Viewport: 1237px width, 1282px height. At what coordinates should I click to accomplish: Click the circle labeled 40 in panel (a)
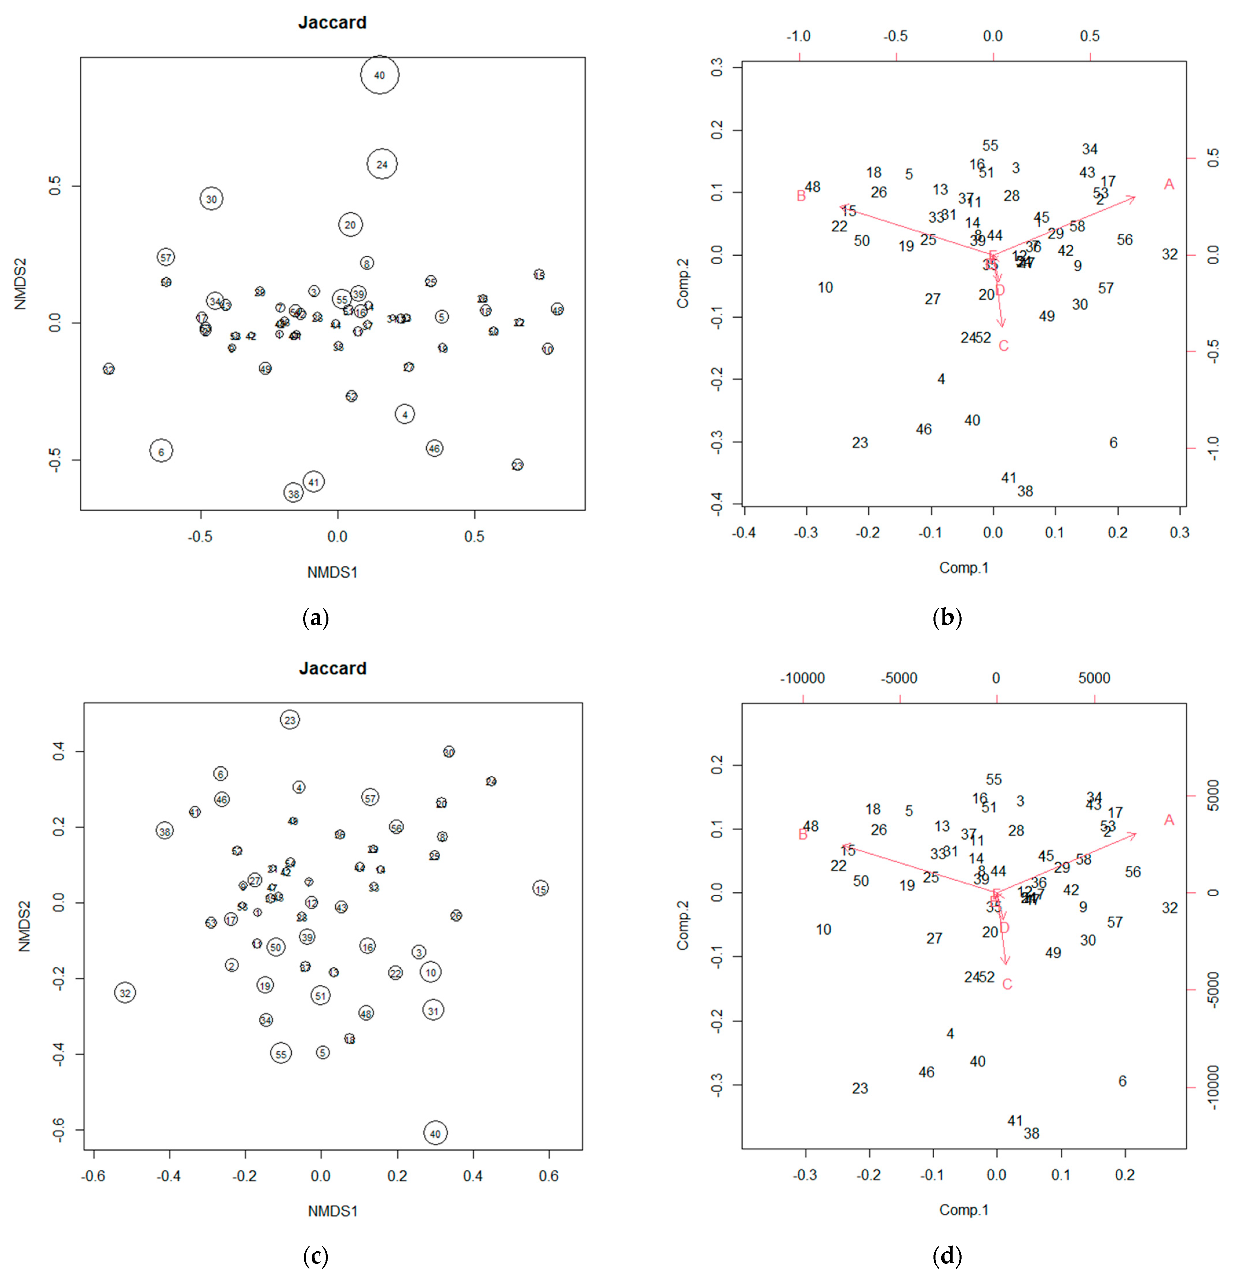coord(379,75)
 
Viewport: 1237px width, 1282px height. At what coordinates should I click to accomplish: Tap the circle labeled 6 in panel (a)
coord(161,451)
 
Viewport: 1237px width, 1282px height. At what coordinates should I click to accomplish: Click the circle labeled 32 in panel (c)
coord(125,993)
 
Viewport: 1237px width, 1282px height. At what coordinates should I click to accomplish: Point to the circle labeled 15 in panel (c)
coord(540,888)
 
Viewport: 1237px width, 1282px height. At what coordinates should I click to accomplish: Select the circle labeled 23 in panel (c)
coord(290,720)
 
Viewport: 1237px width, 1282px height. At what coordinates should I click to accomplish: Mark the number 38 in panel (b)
coord(1025,491)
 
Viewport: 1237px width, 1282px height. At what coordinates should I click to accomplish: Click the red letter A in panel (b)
coord(1169,184)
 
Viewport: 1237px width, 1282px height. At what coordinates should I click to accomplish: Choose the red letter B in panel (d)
coord(803,835)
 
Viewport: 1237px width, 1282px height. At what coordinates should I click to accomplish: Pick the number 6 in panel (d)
coord(1123,1081)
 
